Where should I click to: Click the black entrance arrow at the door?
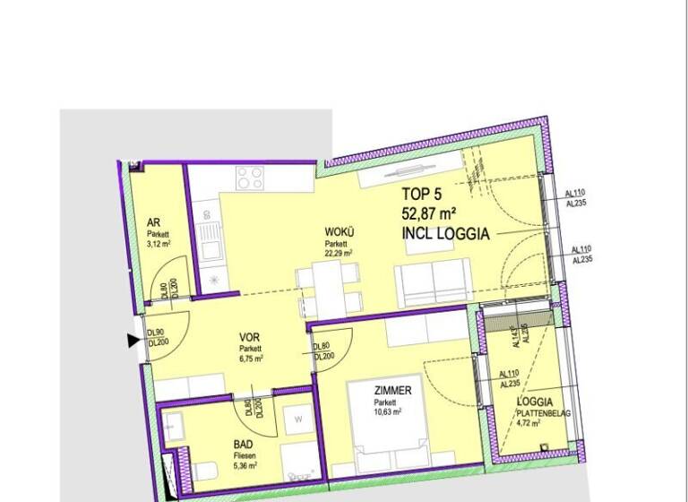tap(133, 339)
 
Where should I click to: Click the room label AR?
tap(153, 224)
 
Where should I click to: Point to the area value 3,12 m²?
tap(159, 242)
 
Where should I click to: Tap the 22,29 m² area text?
tap(339, 254)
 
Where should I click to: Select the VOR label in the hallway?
tap(249, 338)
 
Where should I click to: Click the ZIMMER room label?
tap(393, 391)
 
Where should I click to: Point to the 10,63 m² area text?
tap(388, 412)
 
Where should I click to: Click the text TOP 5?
tap(423, 194)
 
